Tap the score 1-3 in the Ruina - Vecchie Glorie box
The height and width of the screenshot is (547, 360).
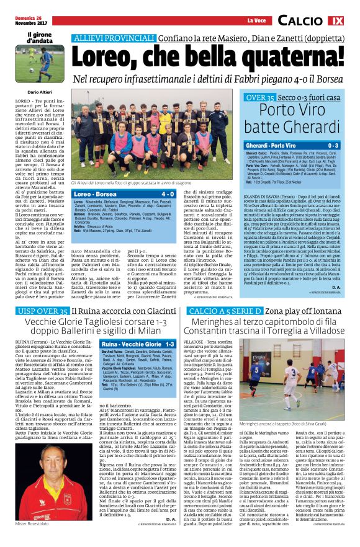pyautogui.click(x=169, y=344)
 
